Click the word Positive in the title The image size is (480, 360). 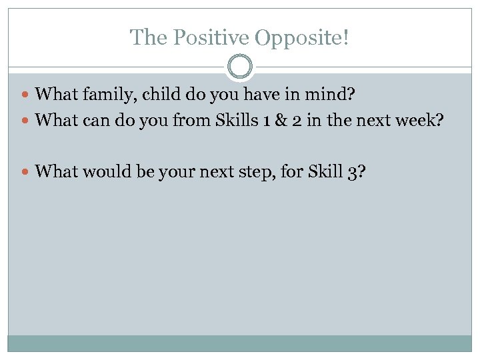click(x=203, y=37)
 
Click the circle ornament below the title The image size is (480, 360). click(x=240, y=67)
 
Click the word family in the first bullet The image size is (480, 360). click(x=106, y=95)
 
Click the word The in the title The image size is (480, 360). click(x=145, y=37)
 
